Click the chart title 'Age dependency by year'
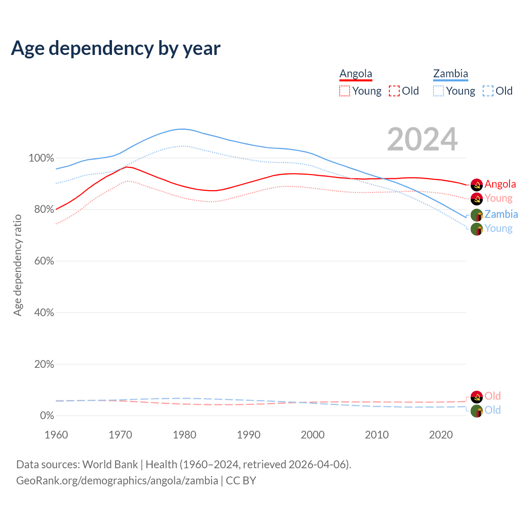tap(116, 48)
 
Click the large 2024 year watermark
tap(422, 140)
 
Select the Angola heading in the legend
tap(356, 74)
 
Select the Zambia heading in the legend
tap(450, 74)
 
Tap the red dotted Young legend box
tap(345, 91)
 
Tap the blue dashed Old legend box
tap(488, 91)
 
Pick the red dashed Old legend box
tap(394, 91)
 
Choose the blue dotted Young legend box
tap(438, 91)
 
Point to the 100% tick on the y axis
tap(41, 158)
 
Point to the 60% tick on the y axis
tap(43, 261)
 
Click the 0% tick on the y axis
tap(47, 416)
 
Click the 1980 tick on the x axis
tap(184, 435)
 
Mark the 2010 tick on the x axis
tap(376, 435)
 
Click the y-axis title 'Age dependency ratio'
tap(17, 265)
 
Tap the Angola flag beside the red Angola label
tap(477, 185)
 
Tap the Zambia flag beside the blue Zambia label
tap(477, 215)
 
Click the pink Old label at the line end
tap(493, 396)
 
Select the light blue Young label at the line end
tap(498, 229)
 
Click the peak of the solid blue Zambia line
tap(182, 129)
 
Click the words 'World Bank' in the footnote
tap(110, 465)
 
